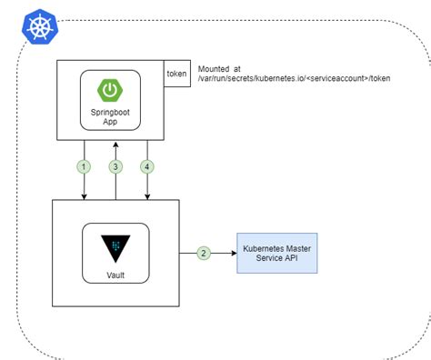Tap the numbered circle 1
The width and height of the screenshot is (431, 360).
coord(85,166)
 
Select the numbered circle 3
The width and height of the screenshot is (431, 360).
coord(115,166)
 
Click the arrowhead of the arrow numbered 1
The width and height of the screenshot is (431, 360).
coord(85,197)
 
